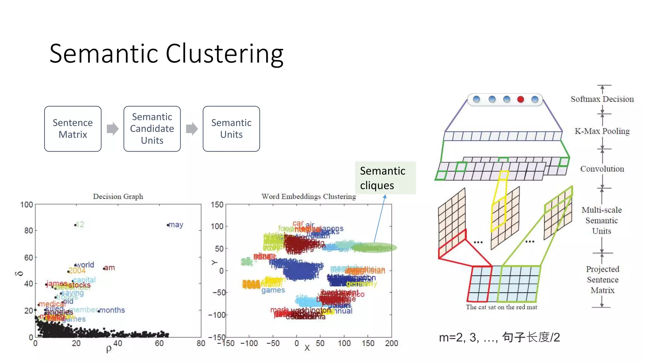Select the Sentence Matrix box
coord(73,129)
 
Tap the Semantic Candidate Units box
coord(152,129)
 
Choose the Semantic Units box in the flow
coord(231,129)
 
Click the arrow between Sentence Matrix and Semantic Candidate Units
coord(112,129)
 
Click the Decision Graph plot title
coord(118,197)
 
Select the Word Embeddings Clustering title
coord(308,197)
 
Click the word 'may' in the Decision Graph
coord(176,225)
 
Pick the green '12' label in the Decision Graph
coord(80,224)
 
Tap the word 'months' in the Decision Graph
coord(112,310)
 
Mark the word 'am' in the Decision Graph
coord(109,268)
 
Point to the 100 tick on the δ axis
coord(27,205)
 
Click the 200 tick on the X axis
coord(391,343)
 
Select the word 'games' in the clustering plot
coord(273,290)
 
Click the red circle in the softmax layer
coord(521,100)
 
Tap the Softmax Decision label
coord(602,99)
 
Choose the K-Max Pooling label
coord(602,131)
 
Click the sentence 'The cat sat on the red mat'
coord(501,307)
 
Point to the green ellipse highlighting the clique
coord(374,248)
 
